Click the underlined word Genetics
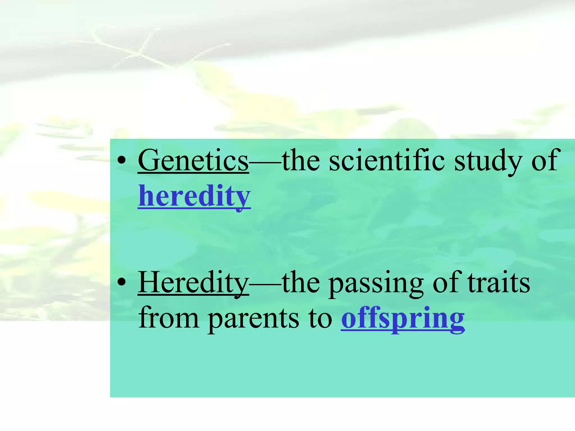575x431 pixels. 193,161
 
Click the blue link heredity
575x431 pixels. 194,196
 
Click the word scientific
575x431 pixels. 387,161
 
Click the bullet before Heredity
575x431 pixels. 121,283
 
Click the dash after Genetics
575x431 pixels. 265,162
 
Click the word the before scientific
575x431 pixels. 301,161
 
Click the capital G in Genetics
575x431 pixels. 149,161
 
